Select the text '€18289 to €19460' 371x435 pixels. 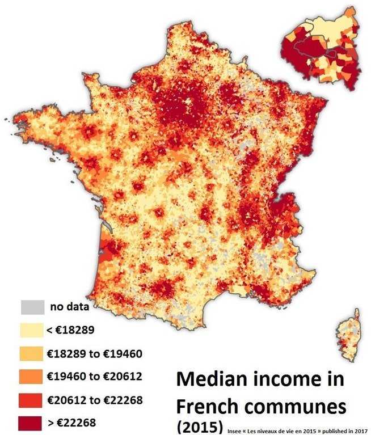click(x=94, y=354)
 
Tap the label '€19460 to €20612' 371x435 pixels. click(x=94, y=376)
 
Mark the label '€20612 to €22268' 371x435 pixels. click(x=94, y=399)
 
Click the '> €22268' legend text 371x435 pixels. click(x=72, y=422)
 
